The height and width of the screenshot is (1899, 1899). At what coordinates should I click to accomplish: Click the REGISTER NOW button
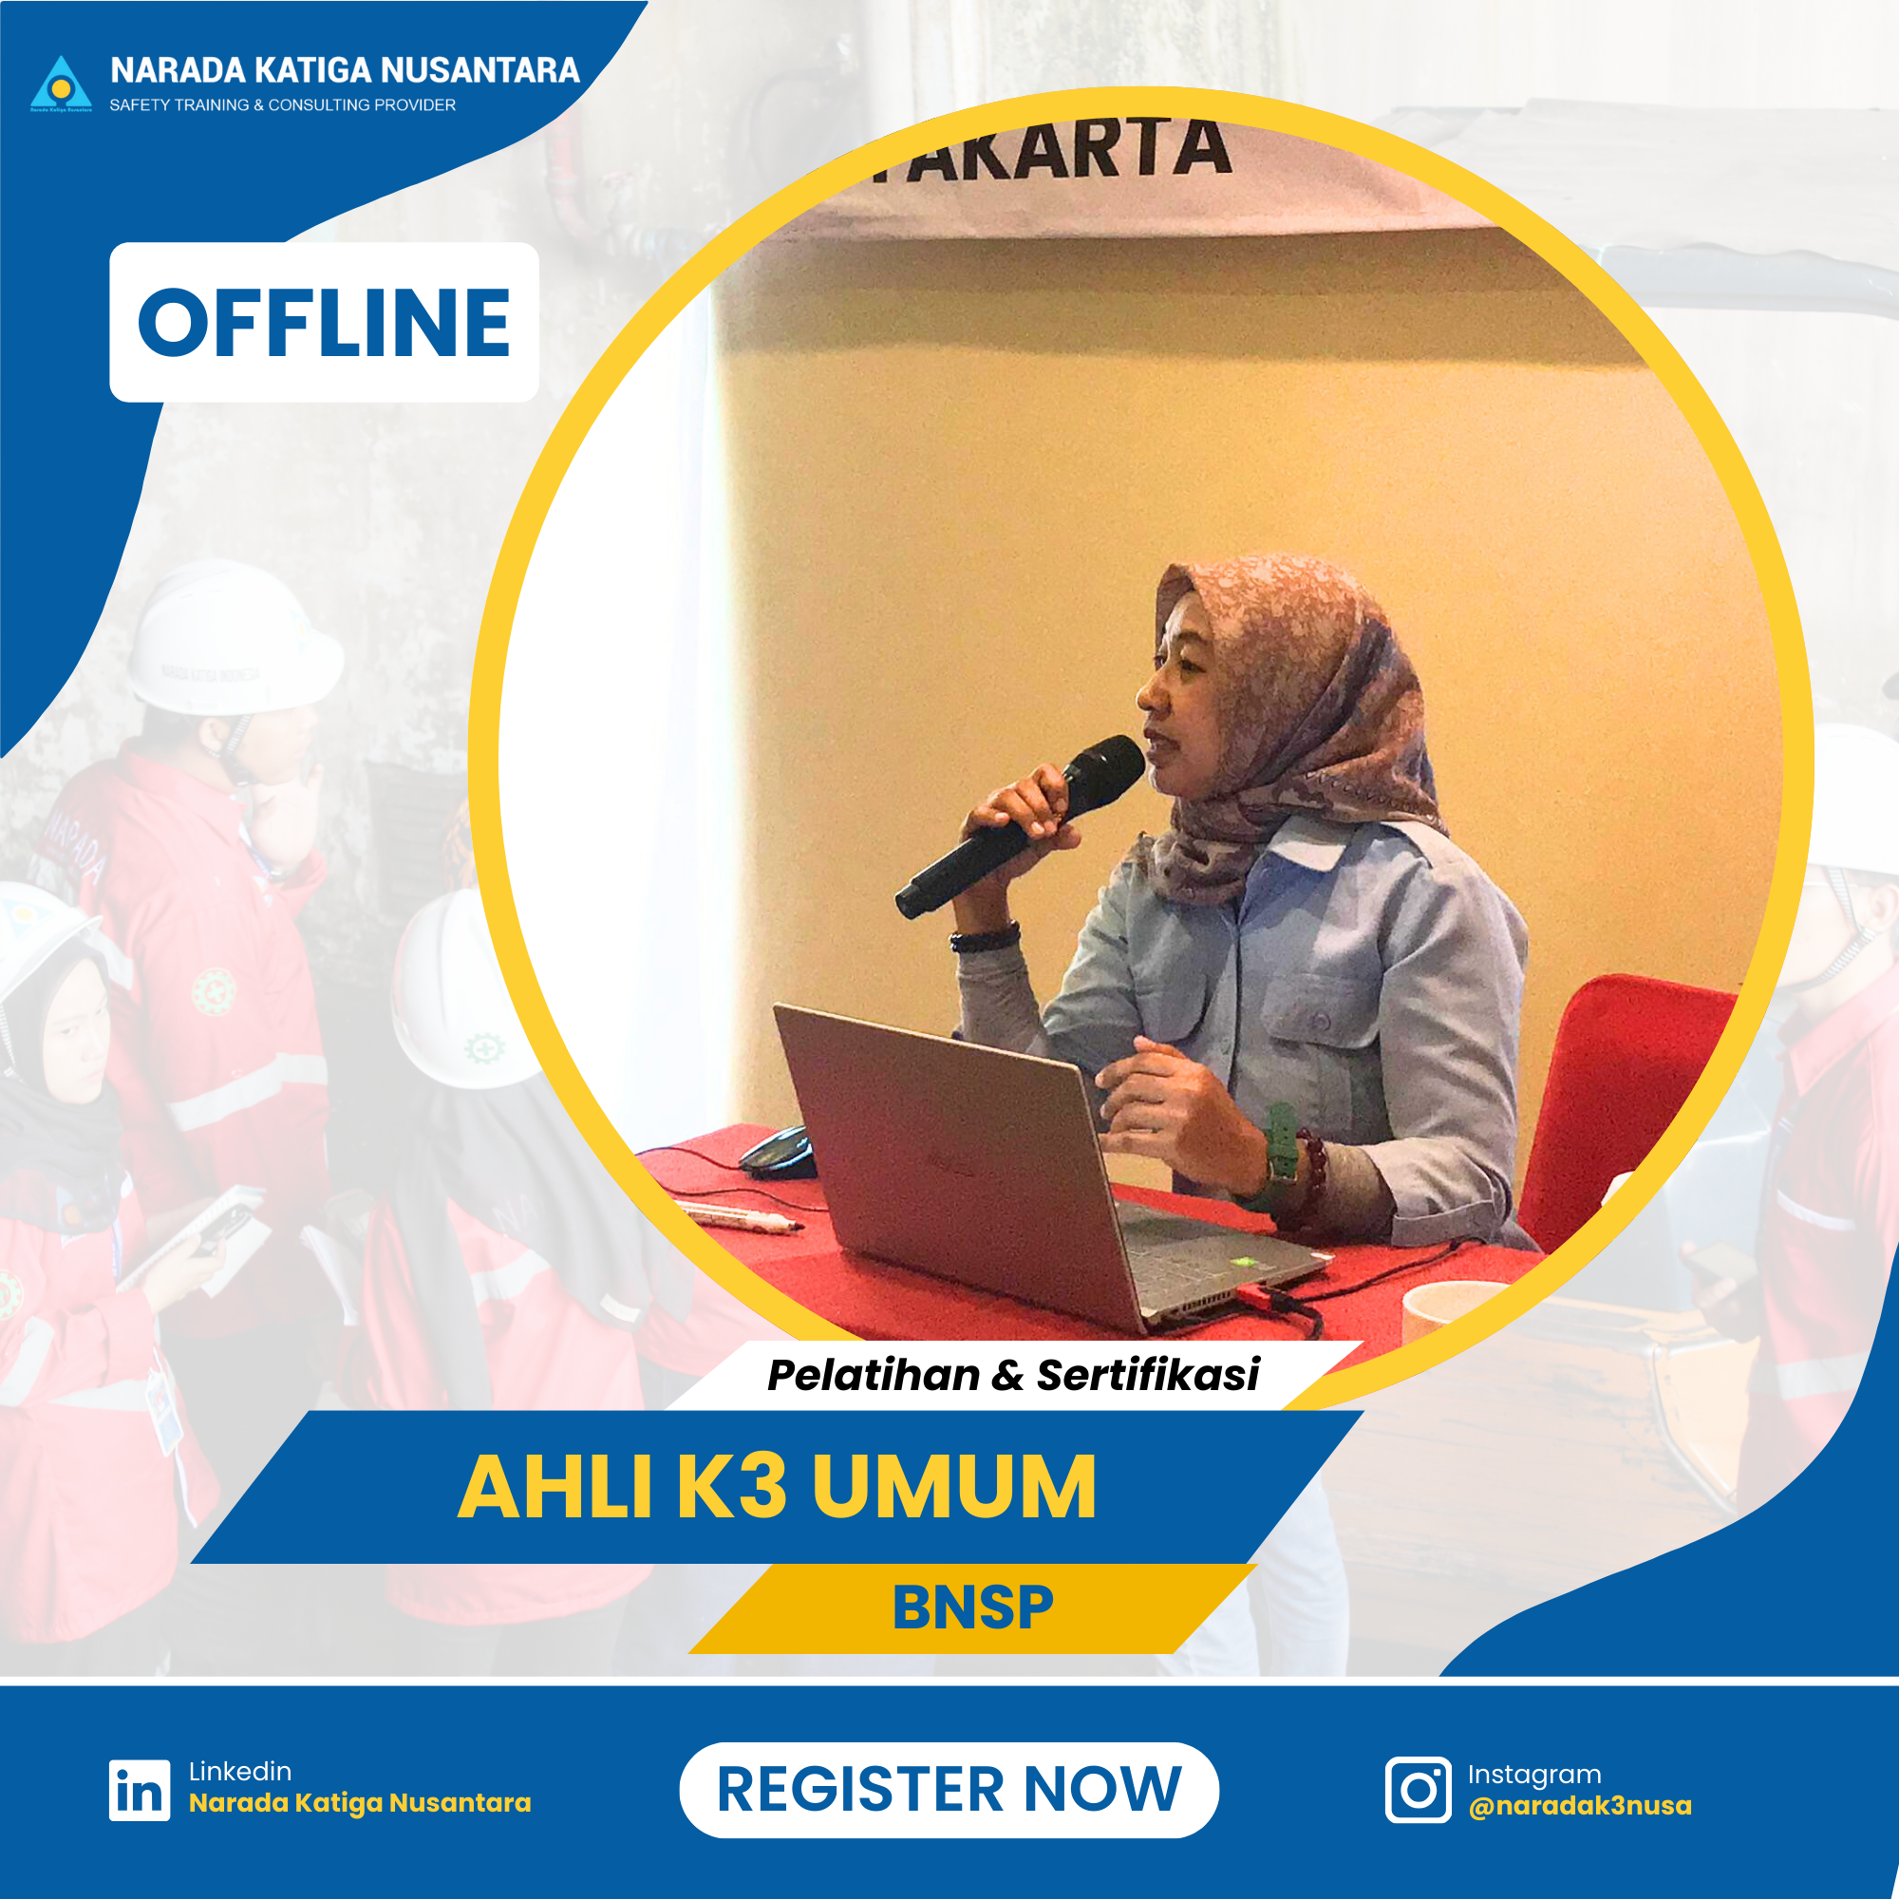tap(949, 1790)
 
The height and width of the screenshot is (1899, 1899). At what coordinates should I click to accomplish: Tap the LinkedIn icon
tap(139, 1790)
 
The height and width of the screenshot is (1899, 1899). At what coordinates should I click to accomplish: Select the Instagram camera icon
tap(1418, 1790)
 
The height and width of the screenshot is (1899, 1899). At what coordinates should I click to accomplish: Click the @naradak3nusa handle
tap(1580, 1807)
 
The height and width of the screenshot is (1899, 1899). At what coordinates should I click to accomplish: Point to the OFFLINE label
tap(324, 323)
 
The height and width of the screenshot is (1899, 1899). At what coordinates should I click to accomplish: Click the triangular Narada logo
tap(61, 84)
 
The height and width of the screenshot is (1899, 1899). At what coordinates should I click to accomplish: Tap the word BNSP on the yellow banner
tap(972, 1609)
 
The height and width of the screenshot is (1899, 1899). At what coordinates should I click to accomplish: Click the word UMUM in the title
tap(953, 1488)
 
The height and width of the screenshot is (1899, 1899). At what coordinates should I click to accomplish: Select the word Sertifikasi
tap(1148, 1375)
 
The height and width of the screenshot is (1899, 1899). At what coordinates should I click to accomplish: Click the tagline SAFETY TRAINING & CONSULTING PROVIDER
tap(282, 105)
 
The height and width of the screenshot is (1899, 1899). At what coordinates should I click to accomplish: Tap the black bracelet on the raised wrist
tap(984, 939)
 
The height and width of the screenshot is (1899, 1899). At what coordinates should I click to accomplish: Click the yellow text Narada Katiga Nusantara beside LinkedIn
tap(360, 1804)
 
